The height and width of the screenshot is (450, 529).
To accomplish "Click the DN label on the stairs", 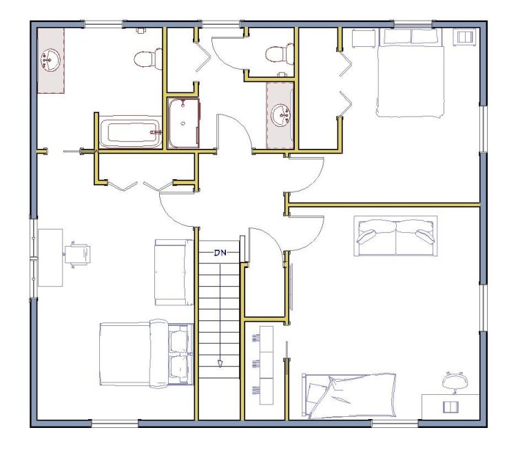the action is click(x=220, y=252).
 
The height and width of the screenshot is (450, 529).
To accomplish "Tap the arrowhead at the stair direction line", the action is click(x=220, y=364).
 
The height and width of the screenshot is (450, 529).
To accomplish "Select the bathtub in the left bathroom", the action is click(x=131, y=132).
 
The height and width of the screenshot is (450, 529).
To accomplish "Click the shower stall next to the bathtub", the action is click(x=184, y=123).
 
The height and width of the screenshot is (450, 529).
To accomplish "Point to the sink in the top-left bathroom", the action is click(x=50, y=61).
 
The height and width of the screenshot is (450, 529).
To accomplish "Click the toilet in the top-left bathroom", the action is click(x=148, y=59).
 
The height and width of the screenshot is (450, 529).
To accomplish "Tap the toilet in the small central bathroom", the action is click(x=280, y=54).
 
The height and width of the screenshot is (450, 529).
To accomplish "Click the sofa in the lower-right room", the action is click(x=396, y=236).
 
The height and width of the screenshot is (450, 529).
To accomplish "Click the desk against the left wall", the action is click(x=50, y=258).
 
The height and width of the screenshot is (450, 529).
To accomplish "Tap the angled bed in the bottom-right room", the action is click(x=349, y=396).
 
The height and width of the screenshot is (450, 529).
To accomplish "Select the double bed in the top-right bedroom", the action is click(x=411, y=73).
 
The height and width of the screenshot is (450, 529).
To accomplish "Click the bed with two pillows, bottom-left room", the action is click(x=147, y=354).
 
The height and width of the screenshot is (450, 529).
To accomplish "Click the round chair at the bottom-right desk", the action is click(x=455, y=382).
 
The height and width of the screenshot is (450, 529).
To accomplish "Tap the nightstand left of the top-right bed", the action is click(x=364, y=39).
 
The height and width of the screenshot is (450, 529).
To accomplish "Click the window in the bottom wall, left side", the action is click(x=115, y=423).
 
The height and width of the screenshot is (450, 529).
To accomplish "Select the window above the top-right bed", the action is click(x=413, y=24).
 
